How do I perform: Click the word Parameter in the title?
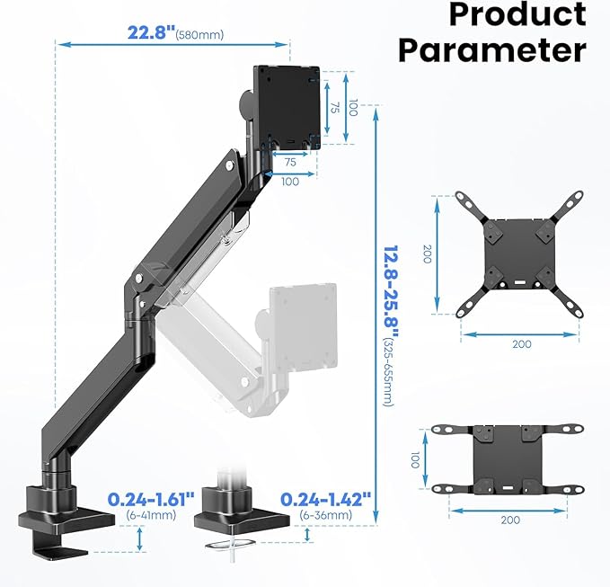492,49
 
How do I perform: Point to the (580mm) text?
199,35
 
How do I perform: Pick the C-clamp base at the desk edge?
67,508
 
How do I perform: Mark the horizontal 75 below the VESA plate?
290,164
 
